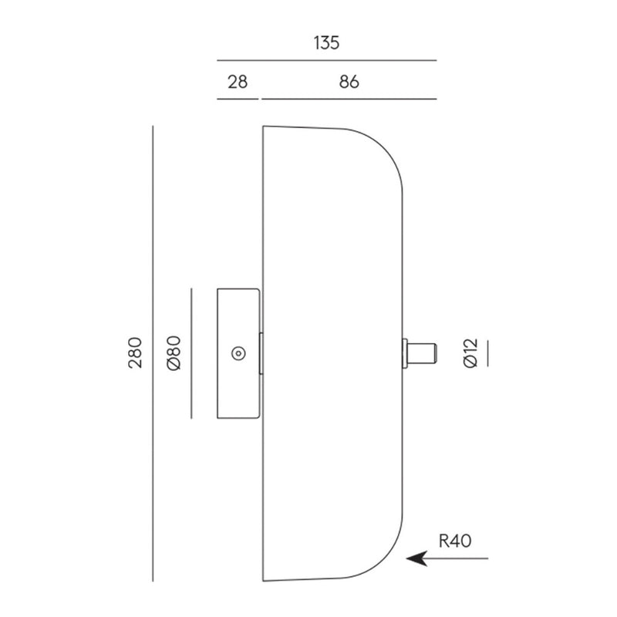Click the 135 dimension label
326,43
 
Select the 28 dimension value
238,82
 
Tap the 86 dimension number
349,82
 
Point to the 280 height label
135,352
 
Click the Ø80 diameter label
174,353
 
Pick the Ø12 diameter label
470,353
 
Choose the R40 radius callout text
455,541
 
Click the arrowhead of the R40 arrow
416,558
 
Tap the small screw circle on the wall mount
238,353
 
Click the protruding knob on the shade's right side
420,353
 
